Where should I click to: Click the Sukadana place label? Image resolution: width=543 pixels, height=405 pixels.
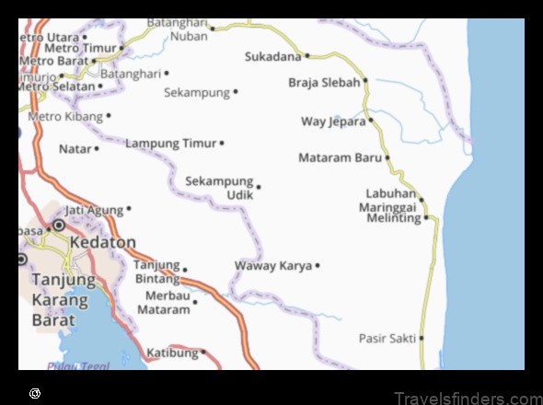(273, 56)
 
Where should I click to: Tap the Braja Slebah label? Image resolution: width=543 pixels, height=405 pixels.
(324, 82)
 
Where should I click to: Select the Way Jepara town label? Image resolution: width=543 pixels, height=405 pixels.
(333, 121)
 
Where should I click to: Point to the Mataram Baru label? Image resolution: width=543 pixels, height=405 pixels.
(340, 157)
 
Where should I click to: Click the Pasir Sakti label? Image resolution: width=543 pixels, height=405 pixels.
(387, 339)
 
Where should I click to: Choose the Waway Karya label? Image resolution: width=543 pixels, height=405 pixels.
(273, 266)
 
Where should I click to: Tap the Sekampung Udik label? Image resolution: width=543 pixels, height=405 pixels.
(219, 188)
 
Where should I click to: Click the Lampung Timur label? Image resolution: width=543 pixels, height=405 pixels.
(170, 144)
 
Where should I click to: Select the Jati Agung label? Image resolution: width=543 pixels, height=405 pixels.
(93, 210)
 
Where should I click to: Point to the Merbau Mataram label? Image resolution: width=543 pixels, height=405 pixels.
(167, 303)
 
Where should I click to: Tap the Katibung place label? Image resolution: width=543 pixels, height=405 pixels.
(171, 353)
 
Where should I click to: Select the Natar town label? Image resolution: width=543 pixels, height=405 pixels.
(75, 148)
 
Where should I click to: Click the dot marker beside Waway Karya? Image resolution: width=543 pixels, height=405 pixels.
(318, 266)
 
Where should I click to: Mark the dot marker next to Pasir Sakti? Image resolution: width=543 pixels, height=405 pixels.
(422, 339)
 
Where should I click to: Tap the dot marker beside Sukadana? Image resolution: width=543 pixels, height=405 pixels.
(306, 56)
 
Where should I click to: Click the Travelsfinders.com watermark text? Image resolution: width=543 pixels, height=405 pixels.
(467, 398)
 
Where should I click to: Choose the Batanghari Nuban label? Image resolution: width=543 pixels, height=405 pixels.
(189, 30)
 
